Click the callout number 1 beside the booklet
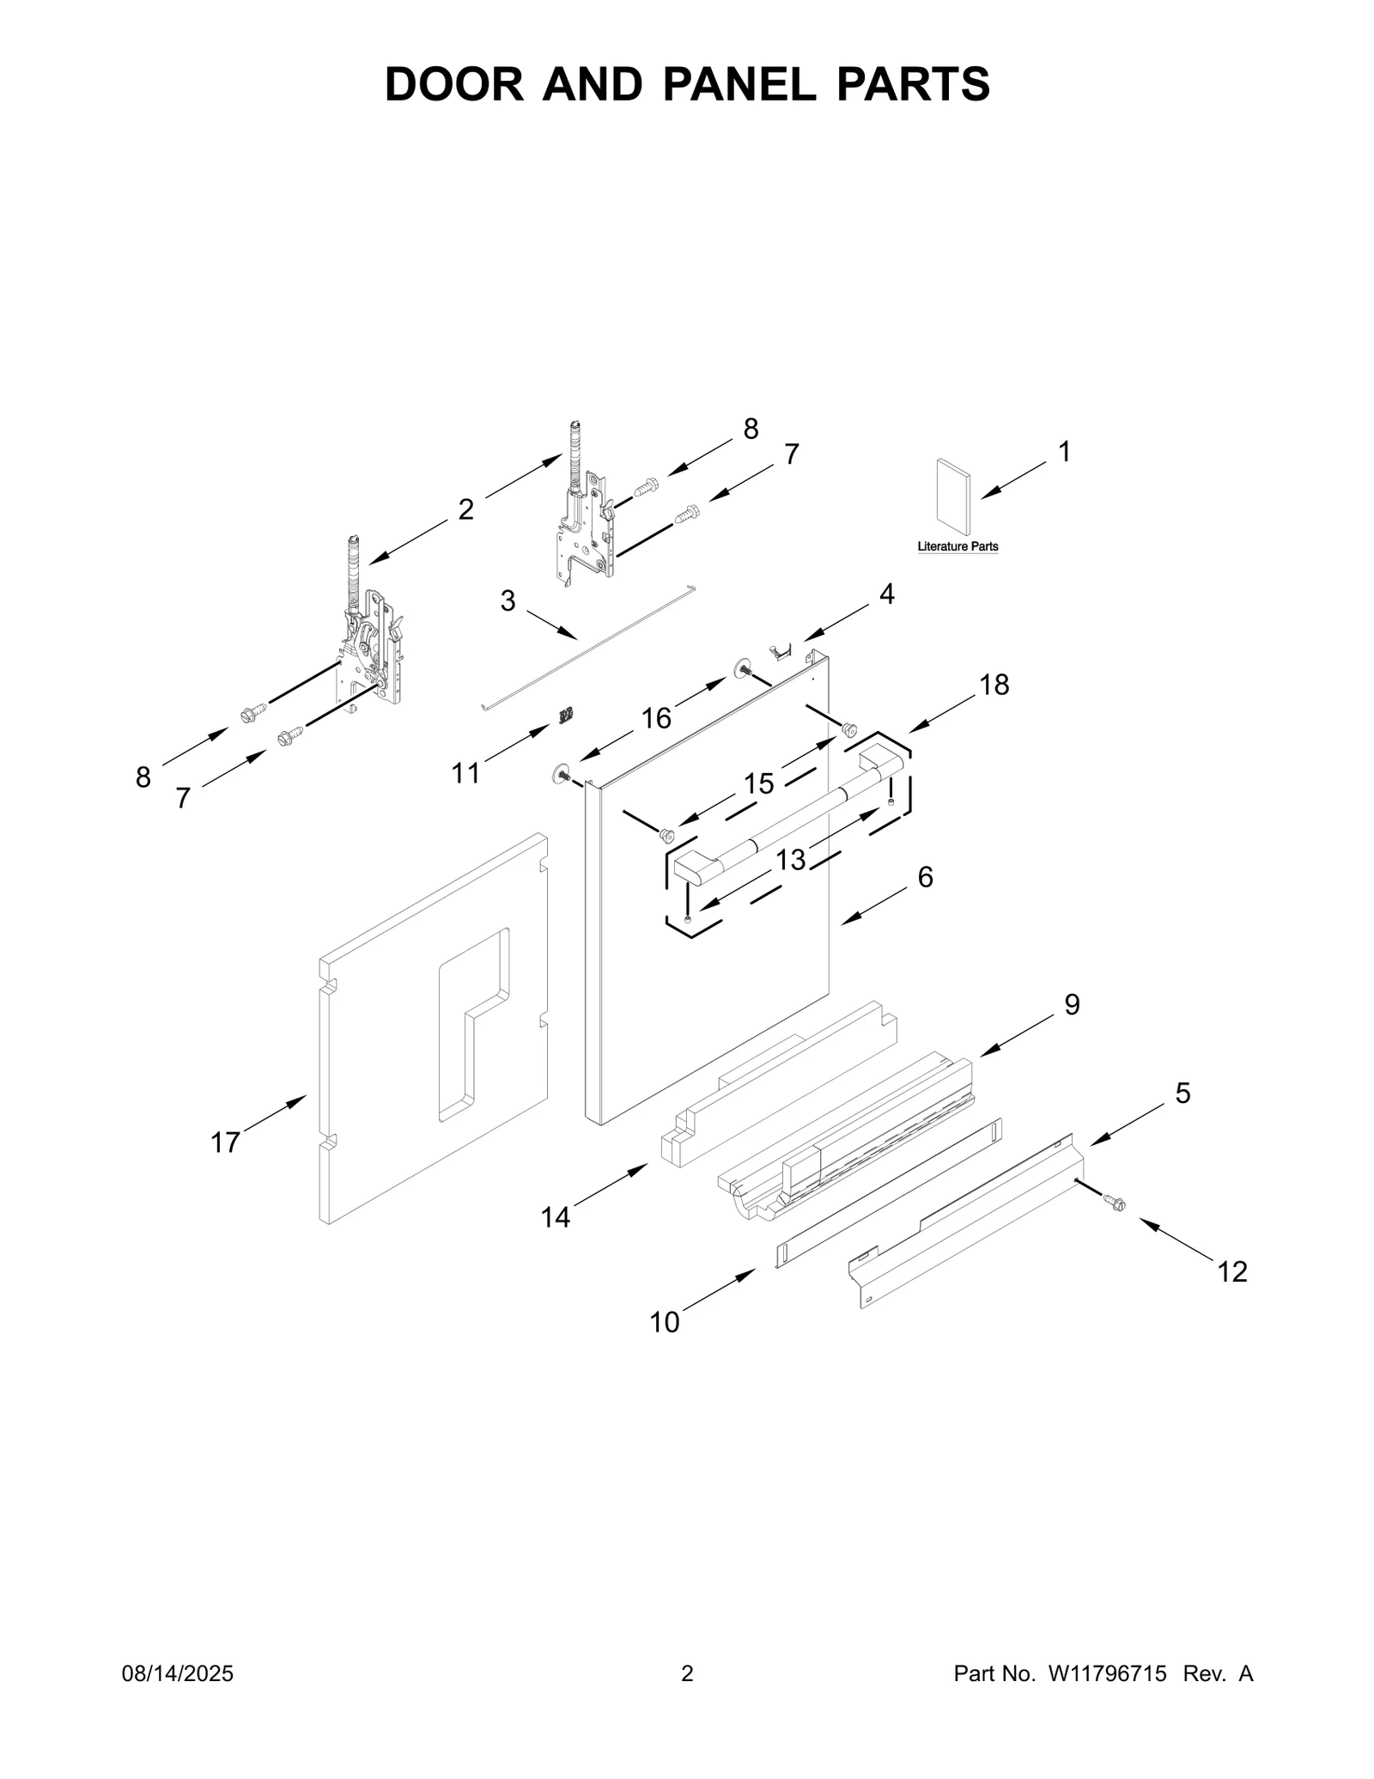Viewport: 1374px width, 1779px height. [1064, 452]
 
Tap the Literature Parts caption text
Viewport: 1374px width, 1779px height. [958, 546]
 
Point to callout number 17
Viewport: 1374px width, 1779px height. [225, 1142]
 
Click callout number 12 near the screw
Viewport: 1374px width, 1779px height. [1232, 1270]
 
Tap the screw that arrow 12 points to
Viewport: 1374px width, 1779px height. [1115, 1204]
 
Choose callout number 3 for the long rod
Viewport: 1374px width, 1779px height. [508, 600]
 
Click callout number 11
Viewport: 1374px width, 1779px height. [465, 773]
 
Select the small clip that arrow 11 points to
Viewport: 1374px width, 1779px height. [566, 715]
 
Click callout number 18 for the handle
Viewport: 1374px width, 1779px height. [994, 685]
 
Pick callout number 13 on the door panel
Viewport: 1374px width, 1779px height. [791, 859]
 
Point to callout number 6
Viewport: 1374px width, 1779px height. [925, 877]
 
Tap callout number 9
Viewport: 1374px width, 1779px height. [1072, 1004]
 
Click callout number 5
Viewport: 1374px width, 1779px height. [1182, 1094]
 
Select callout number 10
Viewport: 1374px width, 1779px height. [664, 1322]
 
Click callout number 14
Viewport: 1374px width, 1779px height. [556, 1216]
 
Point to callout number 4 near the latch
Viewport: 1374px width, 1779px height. [886, 594]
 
